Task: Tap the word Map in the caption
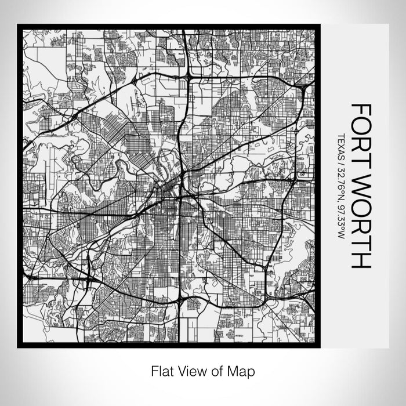[x=243, y=370]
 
